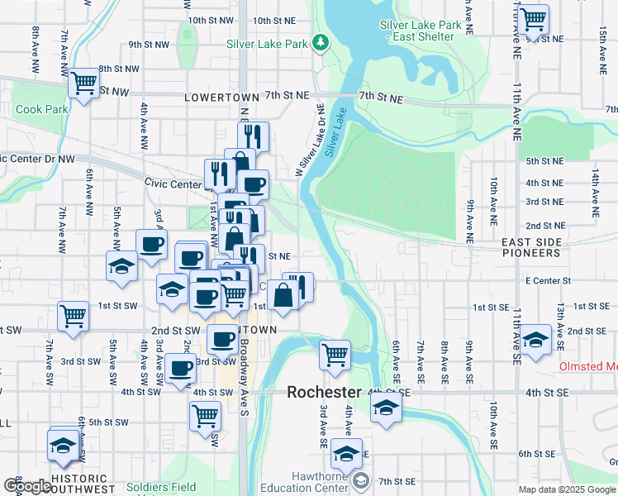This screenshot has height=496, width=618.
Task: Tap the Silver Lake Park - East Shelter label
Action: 420,31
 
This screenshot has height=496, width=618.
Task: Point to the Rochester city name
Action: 325,392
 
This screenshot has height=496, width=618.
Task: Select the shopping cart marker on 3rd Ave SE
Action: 335,355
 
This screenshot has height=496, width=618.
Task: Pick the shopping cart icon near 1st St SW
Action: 73,316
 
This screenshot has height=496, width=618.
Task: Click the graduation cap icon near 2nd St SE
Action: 535,339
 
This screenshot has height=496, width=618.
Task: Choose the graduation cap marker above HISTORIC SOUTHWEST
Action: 64,446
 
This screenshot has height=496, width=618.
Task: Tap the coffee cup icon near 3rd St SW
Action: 179,368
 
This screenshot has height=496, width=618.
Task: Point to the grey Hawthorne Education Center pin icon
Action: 361,480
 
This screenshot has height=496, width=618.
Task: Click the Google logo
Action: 27,486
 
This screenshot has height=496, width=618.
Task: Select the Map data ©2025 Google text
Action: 568,489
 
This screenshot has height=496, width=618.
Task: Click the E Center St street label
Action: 548,281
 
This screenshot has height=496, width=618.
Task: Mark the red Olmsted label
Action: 588,366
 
